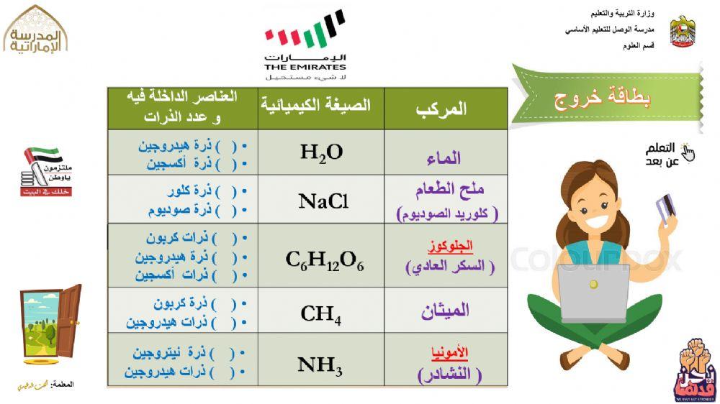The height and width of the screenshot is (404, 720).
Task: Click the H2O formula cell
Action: coord(321,152)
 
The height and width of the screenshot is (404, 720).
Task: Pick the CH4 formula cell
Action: coord(320,313)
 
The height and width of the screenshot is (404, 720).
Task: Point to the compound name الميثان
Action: coord(445,310)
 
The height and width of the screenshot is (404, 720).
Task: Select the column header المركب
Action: coord(441,109)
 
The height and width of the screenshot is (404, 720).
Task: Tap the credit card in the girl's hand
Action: coord(666,207)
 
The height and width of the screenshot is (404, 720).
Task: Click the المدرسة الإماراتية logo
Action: coord(35,32)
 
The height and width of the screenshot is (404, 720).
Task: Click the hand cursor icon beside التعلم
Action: coord(688,152)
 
